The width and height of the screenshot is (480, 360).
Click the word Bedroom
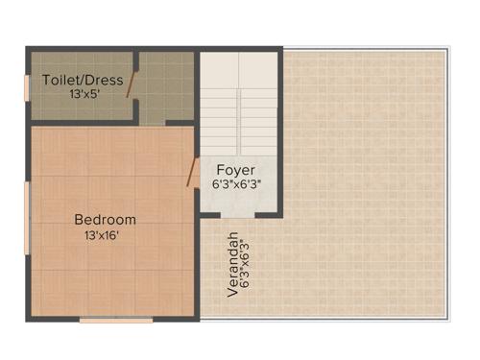point(105,219)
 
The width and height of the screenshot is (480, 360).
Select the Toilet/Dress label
point(83,80)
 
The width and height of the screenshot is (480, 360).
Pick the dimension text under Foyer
point(237,183)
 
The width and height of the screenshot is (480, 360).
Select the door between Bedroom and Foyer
point(192,173)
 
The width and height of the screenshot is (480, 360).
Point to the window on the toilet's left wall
point(28,84)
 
